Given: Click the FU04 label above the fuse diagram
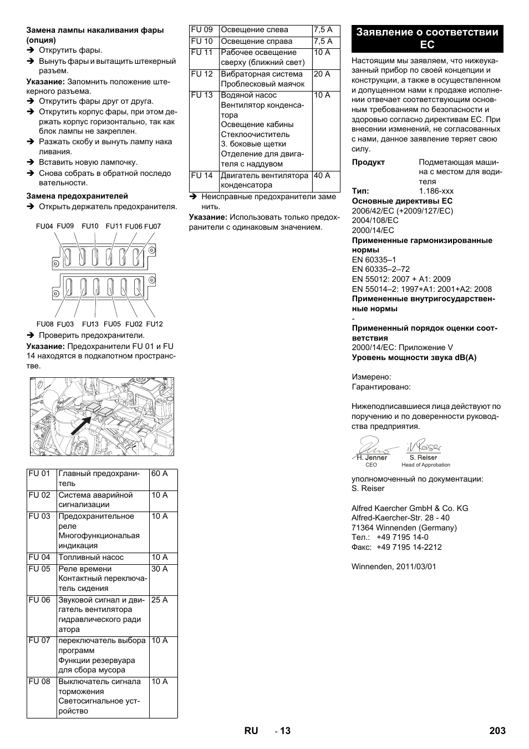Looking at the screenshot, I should [44, 226].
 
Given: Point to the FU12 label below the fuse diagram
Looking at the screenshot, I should [154, 324].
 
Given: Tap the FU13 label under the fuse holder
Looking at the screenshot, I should [90, 324].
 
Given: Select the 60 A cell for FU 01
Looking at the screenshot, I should [159, 474].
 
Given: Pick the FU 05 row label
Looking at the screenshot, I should [39, 569].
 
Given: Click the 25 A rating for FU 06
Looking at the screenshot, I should [159, 600].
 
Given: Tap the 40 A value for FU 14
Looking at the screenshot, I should [322, 176].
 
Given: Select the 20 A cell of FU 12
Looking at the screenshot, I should [322, 74].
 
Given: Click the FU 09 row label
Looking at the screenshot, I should [202, 30].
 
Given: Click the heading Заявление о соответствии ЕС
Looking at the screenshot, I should [427, 38].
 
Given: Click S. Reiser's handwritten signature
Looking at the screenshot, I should [424, 446].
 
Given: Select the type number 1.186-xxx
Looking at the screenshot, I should [436, 191].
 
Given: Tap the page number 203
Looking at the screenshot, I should [497, 731].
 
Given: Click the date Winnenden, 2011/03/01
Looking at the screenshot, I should [394, 567].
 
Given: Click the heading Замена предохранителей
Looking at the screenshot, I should [77, 196].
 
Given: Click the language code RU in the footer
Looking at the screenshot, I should [251, 731].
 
